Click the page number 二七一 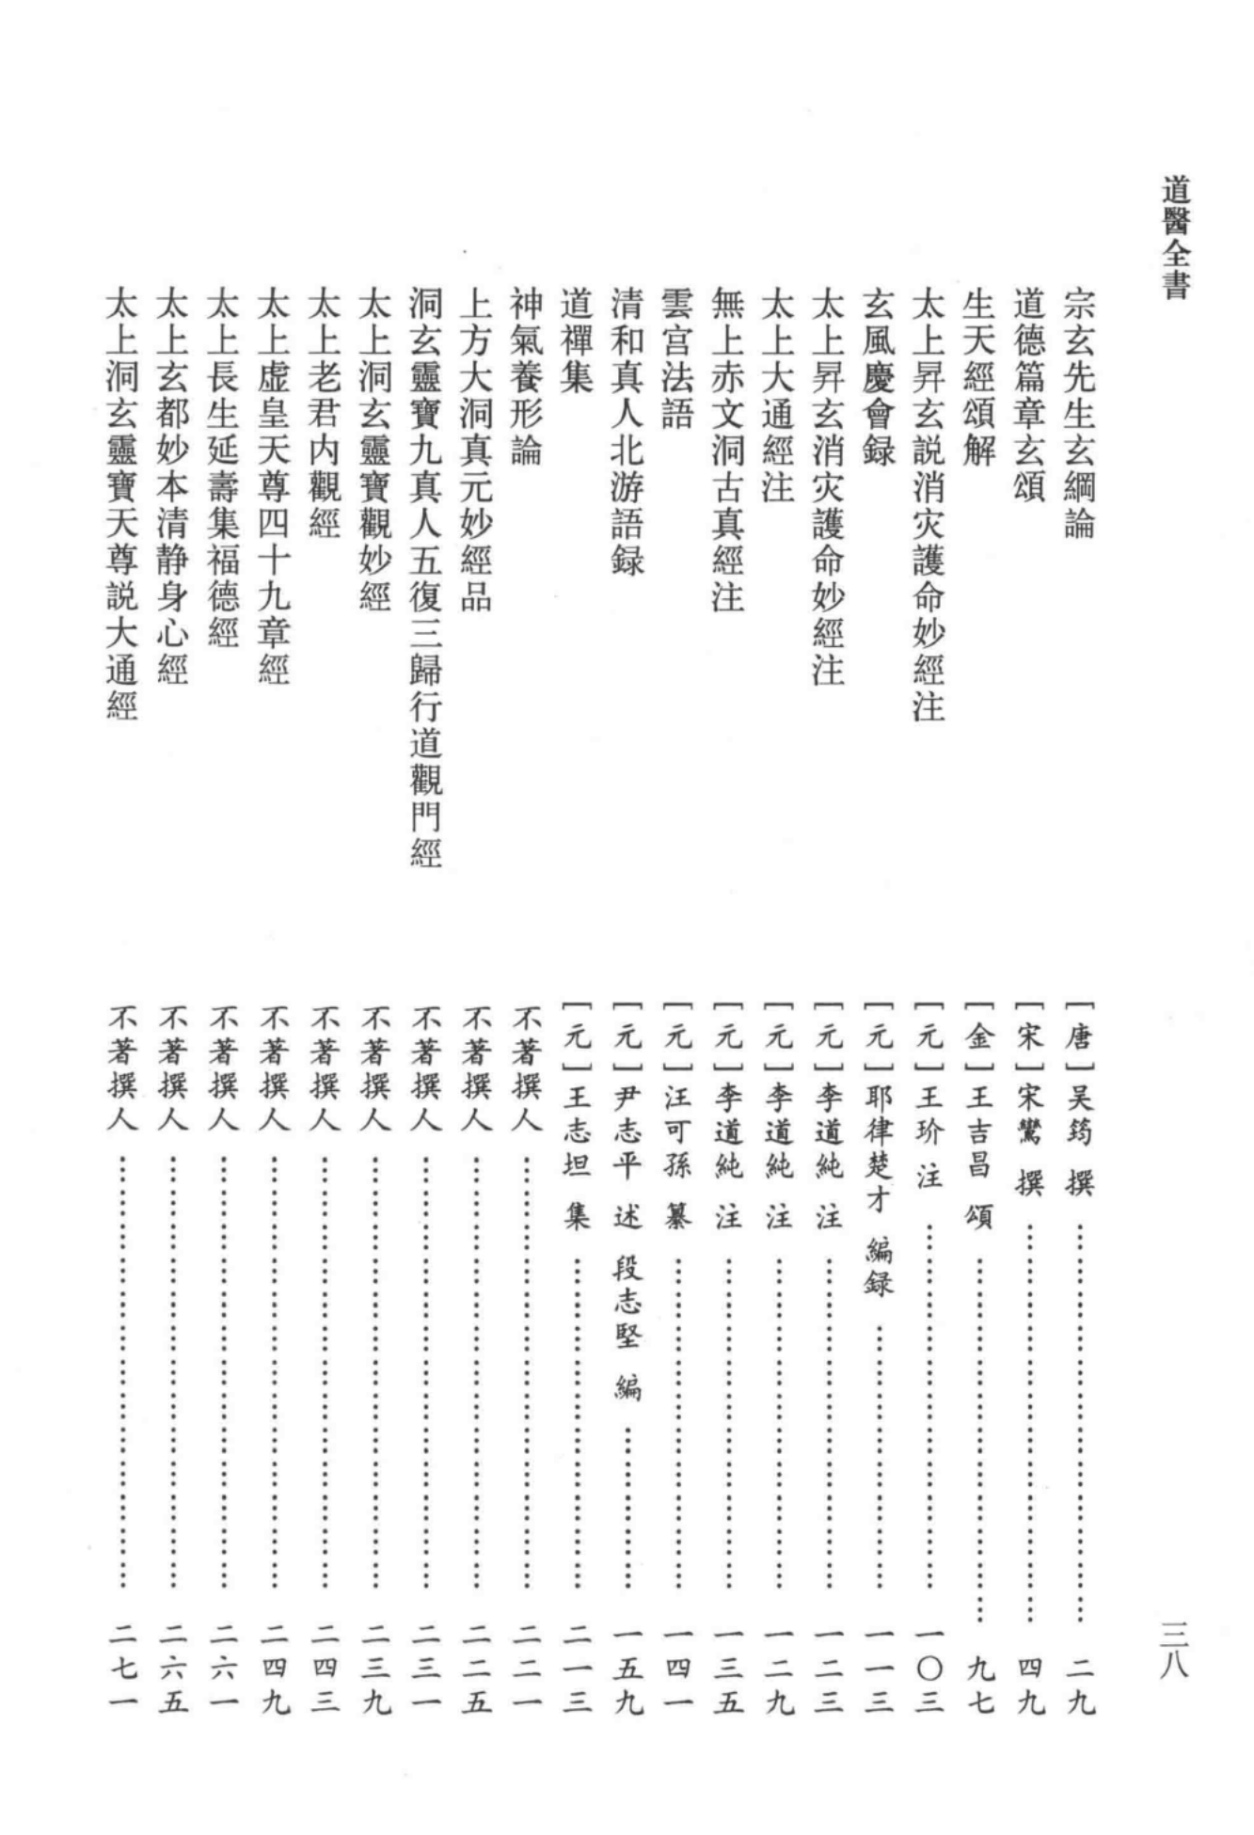(122, 1669)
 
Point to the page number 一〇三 (929, 1669)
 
